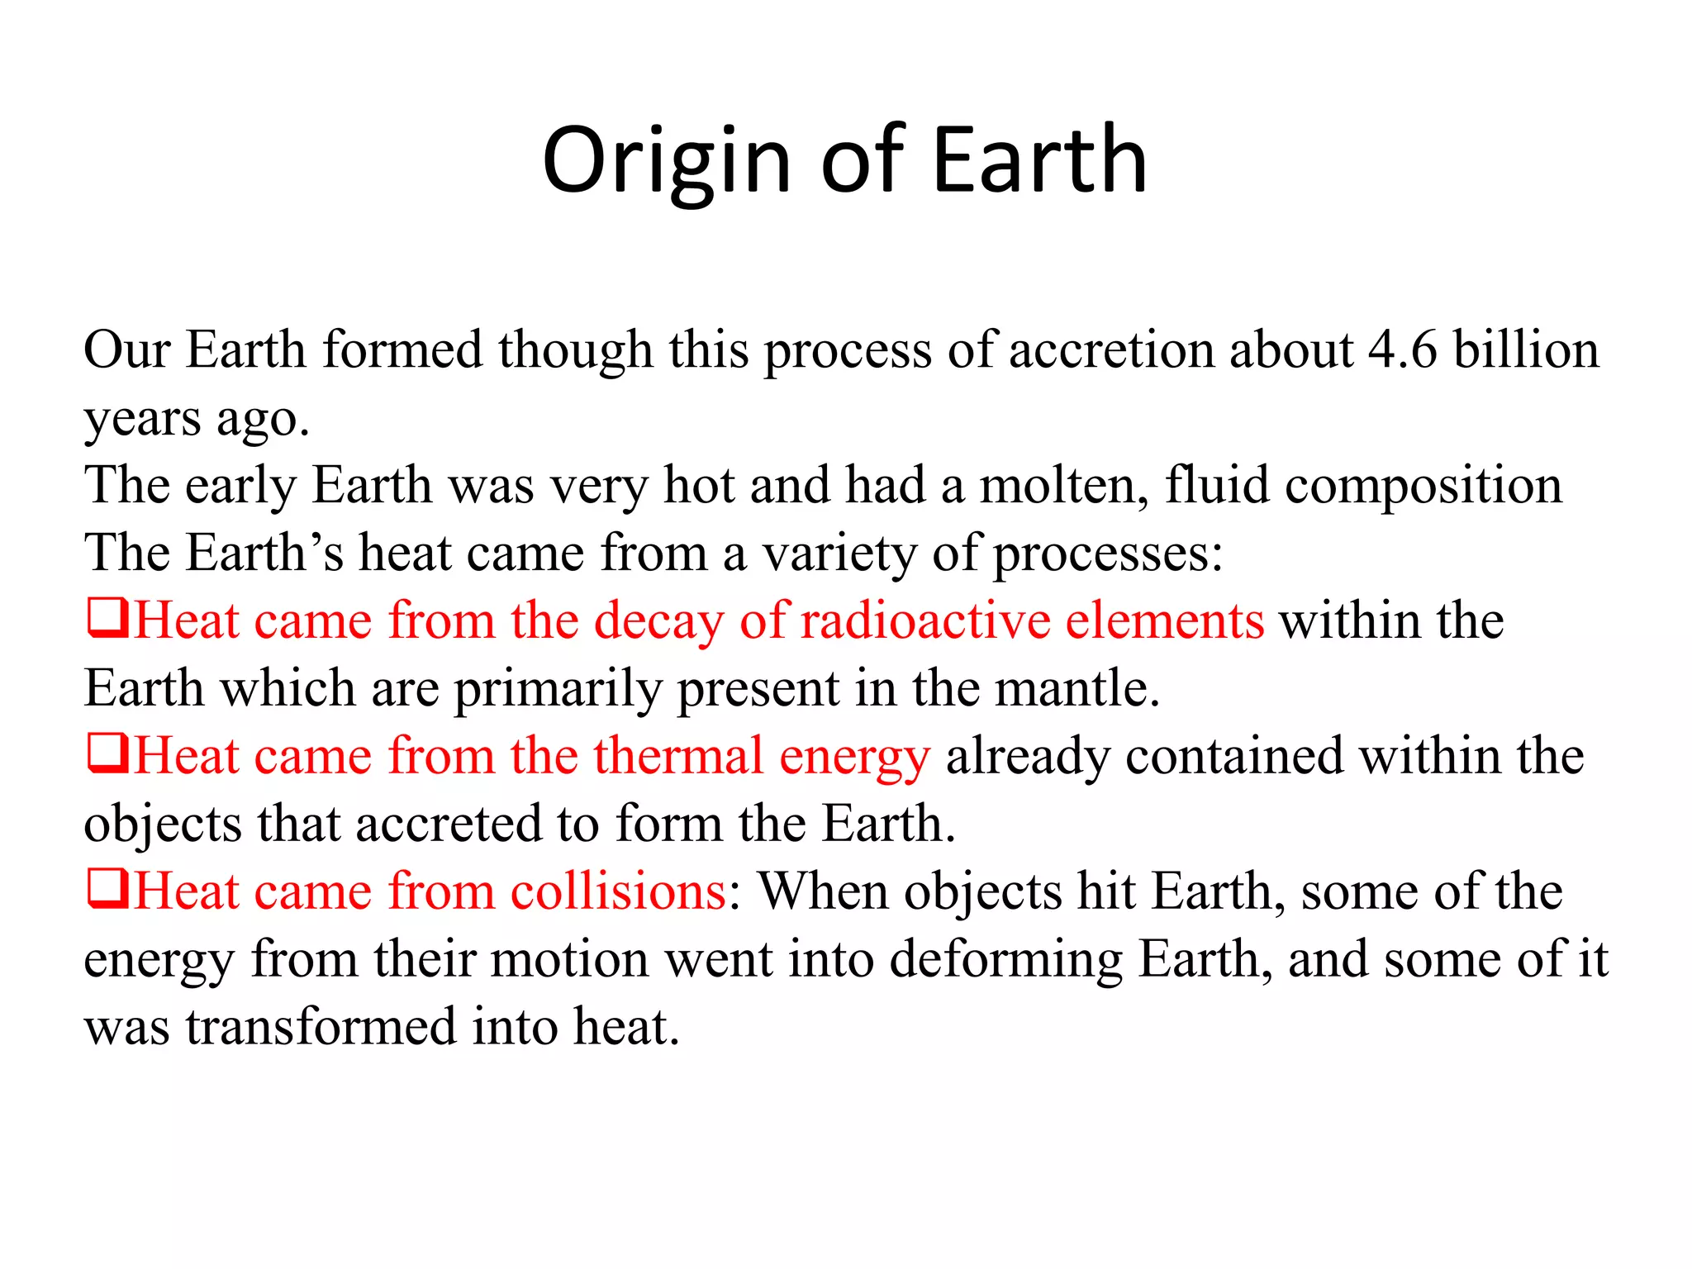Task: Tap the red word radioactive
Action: (x=924, y=620)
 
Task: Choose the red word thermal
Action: (x=678, y=756)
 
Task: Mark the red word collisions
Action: (x=619, y=891)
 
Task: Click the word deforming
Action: (x=1005, y=960)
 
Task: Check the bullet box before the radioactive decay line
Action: (x=107, y=620)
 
